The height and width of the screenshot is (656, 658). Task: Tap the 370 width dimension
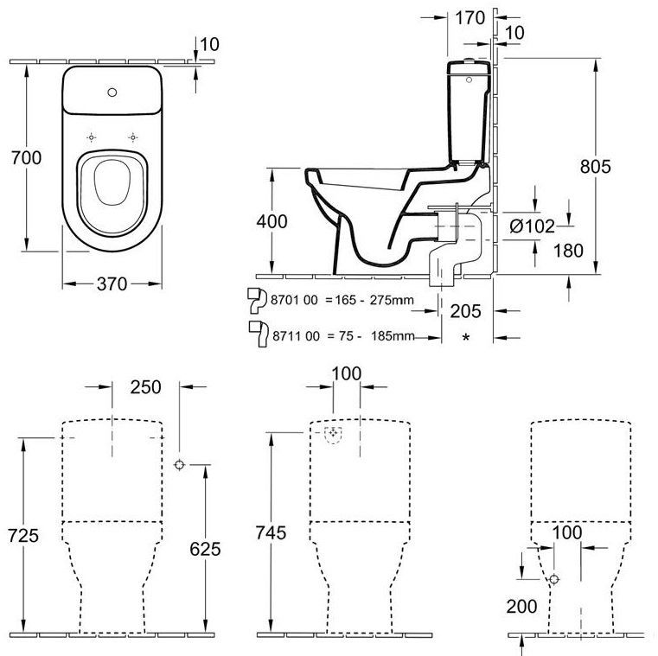click(112, 283)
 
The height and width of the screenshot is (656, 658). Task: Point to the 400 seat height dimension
click(272, 220)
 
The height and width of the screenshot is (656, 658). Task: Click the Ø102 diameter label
click(531, 226)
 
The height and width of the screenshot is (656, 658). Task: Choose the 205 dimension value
click(465, 310)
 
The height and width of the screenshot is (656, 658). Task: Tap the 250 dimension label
click(145, 387)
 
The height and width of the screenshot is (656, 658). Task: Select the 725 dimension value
click(21, 535)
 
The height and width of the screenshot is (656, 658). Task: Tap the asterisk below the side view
click(466, 338)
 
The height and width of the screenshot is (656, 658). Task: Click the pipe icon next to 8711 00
click(257, 331)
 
